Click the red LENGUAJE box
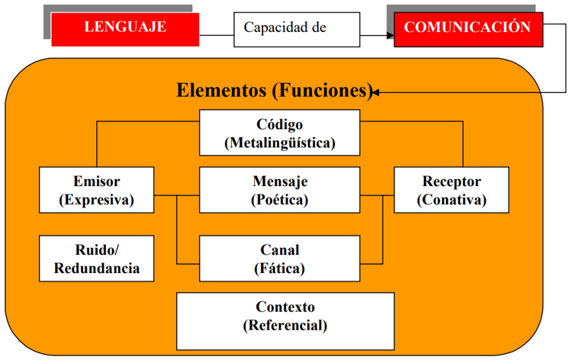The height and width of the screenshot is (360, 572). (125, 28)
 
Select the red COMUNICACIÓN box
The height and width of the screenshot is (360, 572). (468, 28)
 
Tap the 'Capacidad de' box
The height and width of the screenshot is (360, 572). (296, 28)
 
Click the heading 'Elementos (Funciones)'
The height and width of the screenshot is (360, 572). (275, 92)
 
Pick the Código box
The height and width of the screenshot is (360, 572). (279, 133)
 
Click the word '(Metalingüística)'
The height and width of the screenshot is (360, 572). (280, 143)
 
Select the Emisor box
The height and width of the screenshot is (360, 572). (96, 191)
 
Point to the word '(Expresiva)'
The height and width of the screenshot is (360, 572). (96, 201)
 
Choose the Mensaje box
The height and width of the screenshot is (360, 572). (279, 191)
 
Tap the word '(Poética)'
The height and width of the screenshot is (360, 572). (280, 201)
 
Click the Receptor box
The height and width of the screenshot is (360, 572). (451, 191)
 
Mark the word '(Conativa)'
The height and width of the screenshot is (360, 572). (451, 201)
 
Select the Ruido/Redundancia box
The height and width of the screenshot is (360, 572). (96, 259)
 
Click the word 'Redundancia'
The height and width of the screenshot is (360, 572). (96, 268)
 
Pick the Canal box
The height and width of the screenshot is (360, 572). (279, 259)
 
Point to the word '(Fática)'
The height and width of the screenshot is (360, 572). (280, 268)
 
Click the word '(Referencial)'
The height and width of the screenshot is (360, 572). (285, 326)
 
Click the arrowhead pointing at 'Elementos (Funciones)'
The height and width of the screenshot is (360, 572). (377, 93)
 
